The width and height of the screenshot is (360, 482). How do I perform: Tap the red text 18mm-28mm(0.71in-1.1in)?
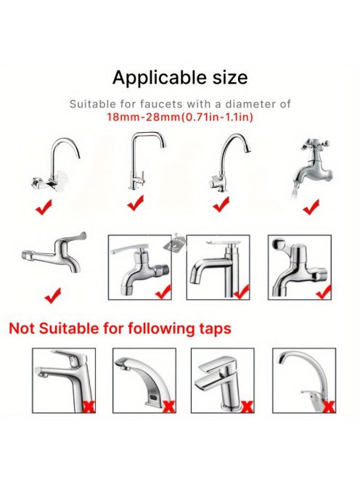coord(180,117)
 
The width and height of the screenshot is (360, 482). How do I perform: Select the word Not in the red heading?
coord(22,328)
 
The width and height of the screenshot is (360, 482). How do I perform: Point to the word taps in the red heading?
coord(215,330)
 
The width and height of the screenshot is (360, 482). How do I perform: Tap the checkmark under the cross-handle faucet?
coord(311,207)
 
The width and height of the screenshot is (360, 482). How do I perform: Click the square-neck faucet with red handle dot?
coord(147,160)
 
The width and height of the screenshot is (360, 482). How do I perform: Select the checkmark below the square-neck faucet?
coord(136,203)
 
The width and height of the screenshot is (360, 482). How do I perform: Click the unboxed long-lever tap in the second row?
coord(54,253)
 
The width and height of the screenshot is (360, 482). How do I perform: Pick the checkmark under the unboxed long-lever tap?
coord(52,295)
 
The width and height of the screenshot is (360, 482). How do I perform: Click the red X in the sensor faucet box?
coord(169,407)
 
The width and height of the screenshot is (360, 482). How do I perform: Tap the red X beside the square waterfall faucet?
coord(247,407)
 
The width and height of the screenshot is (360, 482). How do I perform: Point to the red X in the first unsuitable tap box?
coord(89,407)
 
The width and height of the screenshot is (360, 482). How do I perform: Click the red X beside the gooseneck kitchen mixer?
coord(329,407)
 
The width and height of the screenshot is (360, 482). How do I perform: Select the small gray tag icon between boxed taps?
coord(175,242)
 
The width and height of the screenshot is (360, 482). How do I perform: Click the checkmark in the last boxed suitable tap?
coord(324,292)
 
